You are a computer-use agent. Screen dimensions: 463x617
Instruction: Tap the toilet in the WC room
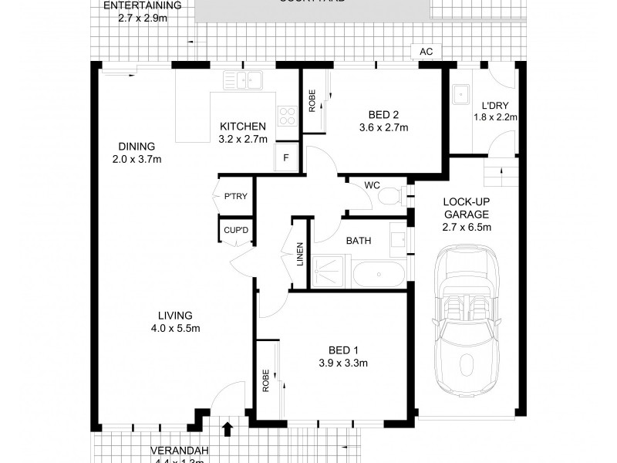point(389,196)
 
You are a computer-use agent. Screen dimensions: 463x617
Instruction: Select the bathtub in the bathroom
point(377,275)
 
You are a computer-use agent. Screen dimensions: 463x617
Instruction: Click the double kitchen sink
point(243,79)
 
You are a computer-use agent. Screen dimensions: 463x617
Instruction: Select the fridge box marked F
point(286,157)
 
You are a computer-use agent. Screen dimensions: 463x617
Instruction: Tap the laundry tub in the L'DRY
point(463,92)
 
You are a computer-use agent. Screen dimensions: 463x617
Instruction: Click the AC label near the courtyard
point(425,52)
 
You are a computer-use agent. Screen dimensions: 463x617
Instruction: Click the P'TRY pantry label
point(235,197)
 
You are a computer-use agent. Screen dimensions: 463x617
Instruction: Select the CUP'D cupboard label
point(235,230)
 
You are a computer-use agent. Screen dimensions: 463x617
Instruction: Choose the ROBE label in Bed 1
point(266,381)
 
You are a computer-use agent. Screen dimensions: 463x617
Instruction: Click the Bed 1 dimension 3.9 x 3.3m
point(342,363)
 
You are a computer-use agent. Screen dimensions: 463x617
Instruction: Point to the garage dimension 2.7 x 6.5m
point(467,227)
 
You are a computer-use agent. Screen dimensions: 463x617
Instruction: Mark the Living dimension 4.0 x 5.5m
point(175,328)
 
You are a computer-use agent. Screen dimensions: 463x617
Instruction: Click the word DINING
point(137,147)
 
